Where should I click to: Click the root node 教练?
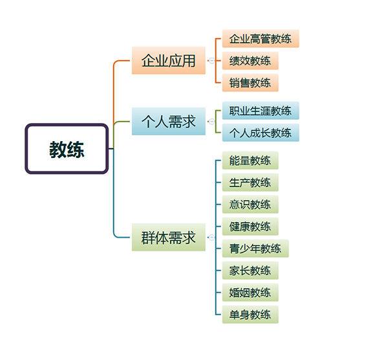(x=67, y=149)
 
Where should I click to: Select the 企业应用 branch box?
(x=168, y=61)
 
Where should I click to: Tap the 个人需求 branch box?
(x=168, y=121)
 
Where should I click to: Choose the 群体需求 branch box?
(x=168, y=238)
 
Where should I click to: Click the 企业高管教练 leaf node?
(x=260, y=39)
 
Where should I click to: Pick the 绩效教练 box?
(x=250, y=61)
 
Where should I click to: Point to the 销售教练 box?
(x=250, y=83)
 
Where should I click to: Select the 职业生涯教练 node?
(x=260, y=111)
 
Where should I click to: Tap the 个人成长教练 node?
(x=260, y=133)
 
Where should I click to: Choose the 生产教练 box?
(x=250, y=183)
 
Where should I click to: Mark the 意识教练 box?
(x=250, y=205)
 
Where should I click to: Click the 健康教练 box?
(x=250, y=227)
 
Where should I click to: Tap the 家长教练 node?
(x=250, y=271)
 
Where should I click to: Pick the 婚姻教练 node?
(x=250, y=293)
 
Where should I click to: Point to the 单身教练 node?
(x=250, y=315)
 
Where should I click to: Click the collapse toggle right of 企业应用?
(x=211, y=61)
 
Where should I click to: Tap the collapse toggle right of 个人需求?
(x=211, y=121)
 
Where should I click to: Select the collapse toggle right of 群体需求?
(x=211, y=238)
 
